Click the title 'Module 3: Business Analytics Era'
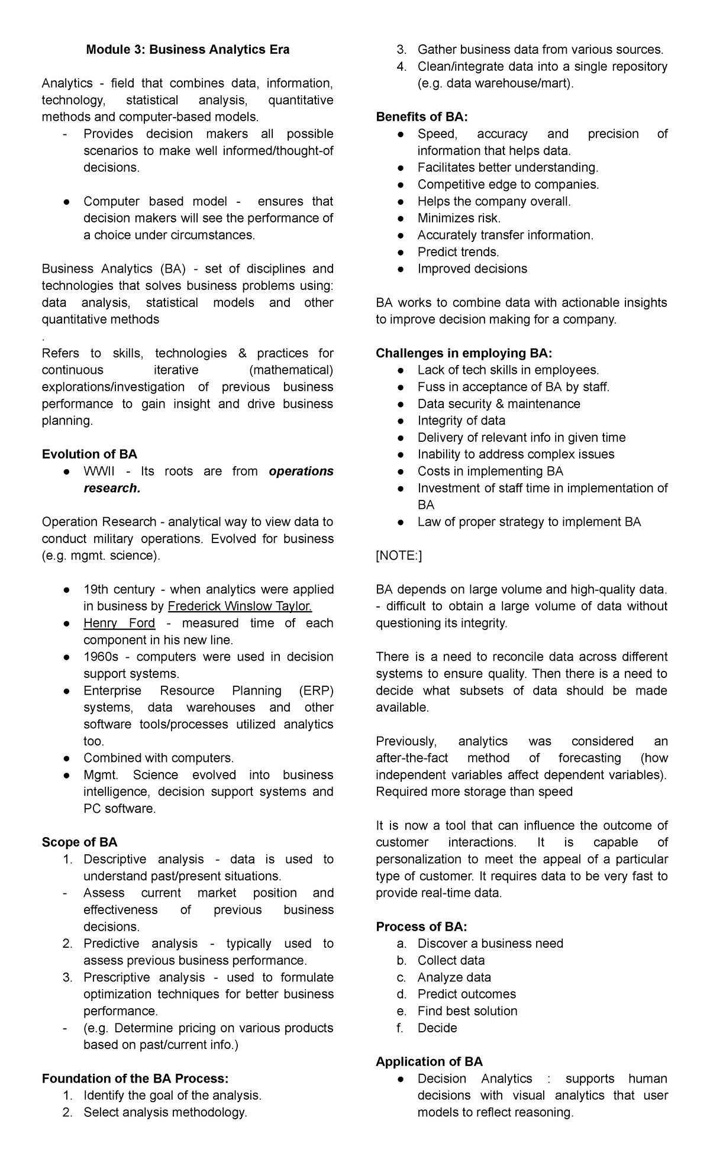click(188, 50)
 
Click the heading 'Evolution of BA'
click(89, 454)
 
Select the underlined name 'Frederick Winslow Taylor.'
click(240, 606)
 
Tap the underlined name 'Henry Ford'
click(119, 623)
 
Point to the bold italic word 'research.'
click(112, 488)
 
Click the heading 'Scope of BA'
click(79, 842)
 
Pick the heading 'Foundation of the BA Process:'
click(135, 1078)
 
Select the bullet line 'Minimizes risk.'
click(459, 218)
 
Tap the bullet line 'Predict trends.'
click(458, 252)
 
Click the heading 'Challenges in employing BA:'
click(464, 353)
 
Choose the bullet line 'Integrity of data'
click(461, 421)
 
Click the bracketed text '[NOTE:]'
click(399, 556)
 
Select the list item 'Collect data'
click(451, 960)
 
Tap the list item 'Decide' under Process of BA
click(437, 1028)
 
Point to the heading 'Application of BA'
click(429, 1061)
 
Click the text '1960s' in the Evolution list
click(101, 657)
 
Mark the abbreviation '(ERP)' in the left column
click(316, 690)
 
